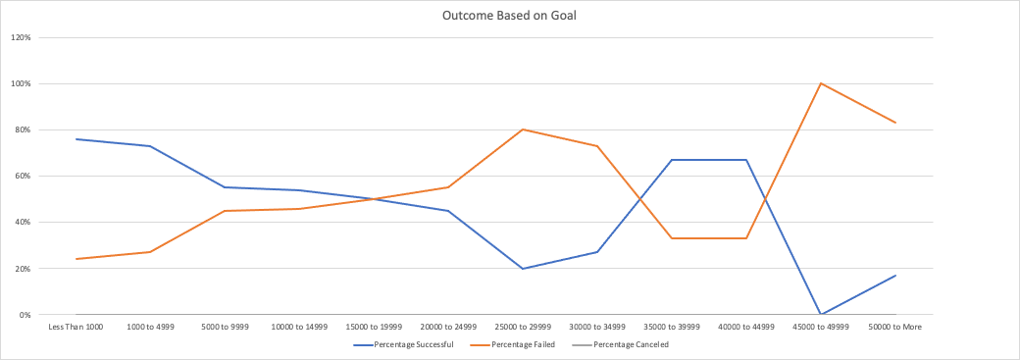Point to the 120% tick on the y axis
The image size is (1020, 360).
22,37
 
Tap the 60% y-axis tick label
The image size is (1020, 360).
23,176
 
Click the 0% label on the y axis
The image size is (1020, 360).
25,315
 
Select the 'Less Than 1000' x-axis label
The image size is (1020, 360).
76,326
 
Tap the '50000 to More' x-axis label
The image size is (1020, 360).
895,326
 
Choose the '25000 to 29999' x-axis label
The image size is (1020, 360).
523,326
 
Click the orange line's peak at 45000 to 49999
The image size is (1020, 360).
821,83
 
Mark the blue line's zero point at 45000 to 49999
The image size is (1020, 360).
821,314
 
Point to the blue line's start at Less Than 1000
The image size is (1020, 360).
76,139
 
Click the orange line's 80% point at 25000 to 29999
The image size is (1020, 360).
523,129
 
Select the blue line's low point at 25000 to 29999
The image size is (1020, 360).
523,269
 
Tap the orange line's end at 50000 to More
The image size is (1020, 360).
895,123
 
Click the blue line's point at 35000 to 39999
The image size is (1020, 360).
672,160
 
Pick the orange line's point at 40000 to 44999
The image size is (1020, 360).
746,238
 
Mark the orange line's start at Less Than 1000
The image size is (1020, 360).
76,259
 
